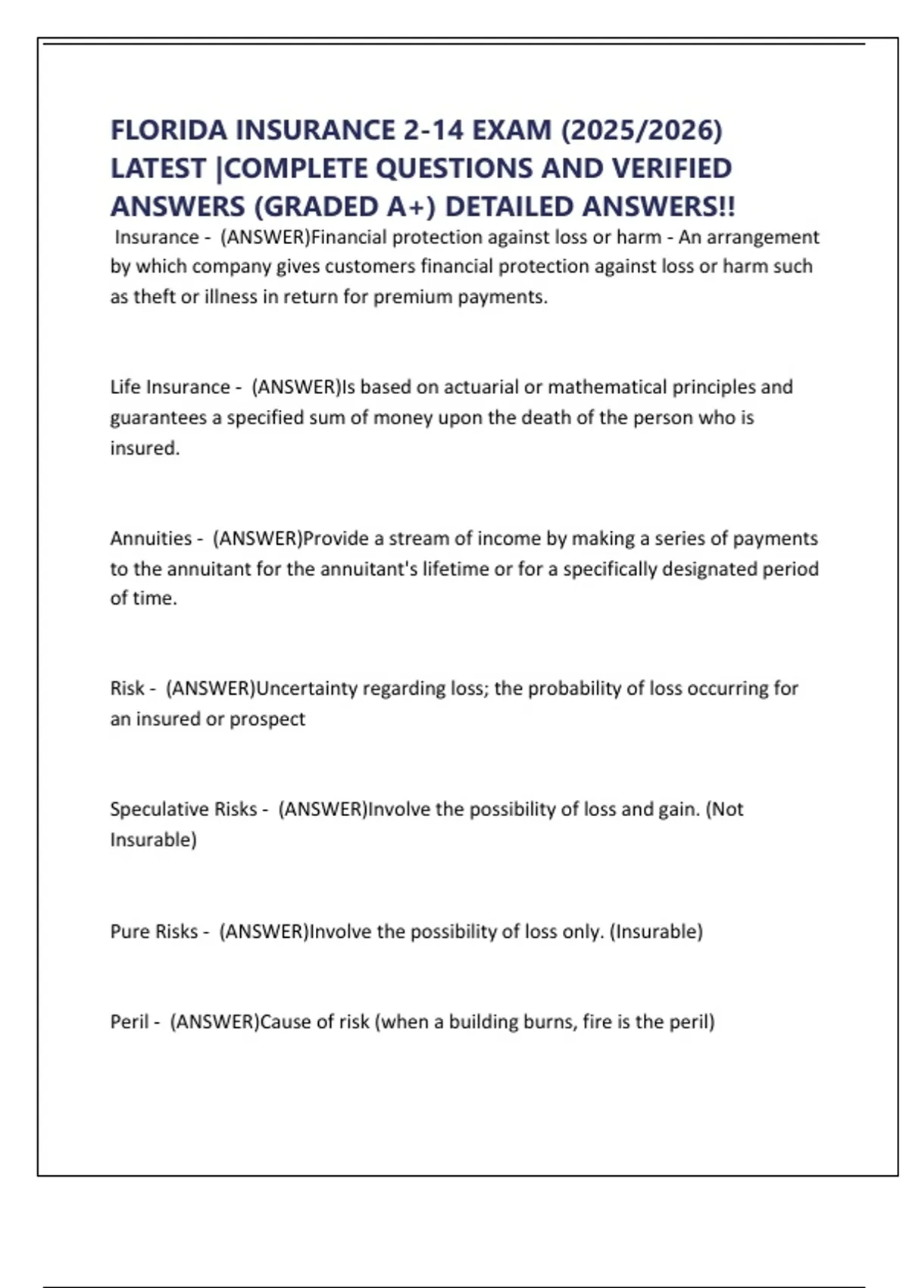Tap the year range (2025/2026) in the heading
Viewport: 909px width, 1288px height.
[642, 130]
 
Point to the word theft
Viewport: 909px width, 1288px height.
[154, 297]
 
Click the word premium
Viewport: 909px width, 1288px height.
[412, 297]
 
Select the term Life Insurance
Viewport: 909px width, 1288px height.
[170, 387]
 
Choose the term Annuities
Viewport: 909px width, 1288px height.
[151, 539]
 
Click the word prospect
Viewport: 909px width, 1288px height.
[267, 719]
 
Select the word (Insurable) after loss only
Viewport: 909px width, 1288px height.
[656, 931]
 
